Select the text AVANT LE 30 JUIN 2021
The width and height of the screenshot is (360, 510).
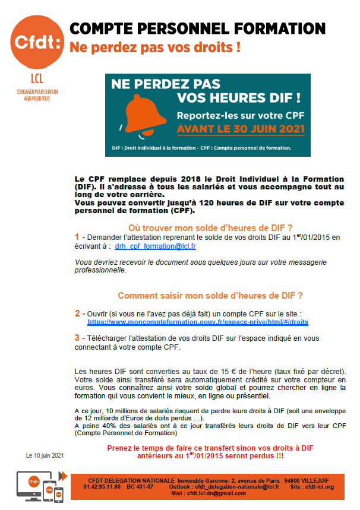pos(241,128)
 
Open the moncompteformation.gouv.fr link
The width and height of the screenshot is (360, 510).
pos(198,322)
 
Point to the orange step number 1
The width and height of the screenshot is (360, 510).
pos(77,237)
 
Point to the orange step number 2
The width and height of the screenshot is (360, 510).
pos(77,313)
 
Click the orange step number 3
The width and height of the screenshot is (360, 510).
pos(77,337)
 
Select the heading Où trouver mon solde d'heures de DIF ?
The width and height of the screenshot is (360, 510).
pos(210,227)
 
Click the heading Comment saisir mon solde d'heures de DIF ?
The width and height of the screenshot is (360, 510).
pos(210,295)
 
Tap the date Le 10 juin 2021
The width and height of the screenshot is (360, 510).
pos(45,455)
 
